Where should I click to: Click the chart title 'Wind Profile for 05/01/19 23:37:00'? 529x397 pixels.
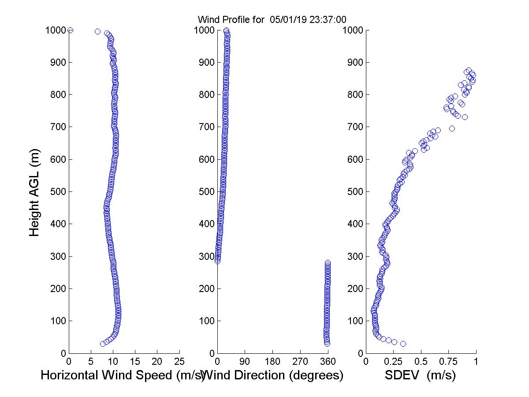tap(272, 19)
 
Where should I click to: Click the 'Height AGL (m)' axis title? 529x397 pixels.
tap(35, 192)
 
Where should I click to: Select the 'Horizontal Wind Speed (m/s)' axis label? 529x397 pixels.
tap(123, 375)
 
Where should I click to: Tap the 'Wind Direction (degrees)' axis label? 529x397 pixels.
tap(274, 375)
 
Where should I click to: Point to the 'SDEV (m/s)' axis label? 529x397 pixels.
tap(420, 375)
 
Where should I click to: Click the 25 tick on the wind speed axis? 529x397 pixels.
tap(179, 362)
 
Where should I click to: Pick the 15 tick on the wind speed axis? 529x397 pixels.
tap(135, 362)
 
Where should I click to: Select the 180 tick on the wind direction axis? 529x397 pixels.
tap(272, 362)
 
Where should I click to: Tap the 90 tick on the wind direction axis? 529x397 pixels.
tap(245, 362)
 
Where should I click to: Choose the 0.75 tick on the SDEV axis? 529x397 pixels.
tap(448, 362)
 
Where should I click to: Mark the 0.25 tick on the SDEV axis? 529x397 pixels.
tap(393, 362)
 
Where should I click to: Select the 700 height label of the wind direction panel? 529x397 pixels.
tap(205, 127)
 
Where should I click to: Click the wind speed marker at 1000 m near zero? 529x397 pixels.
tap(70, 30)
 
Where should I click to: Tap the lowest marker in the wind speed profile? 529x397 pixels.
tap(103, 344)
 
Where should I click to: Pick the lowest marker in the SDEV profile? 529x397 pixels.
tap(403, 344)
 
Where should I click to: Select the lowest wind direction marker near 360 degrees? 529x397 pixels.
tap(327, 344)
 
